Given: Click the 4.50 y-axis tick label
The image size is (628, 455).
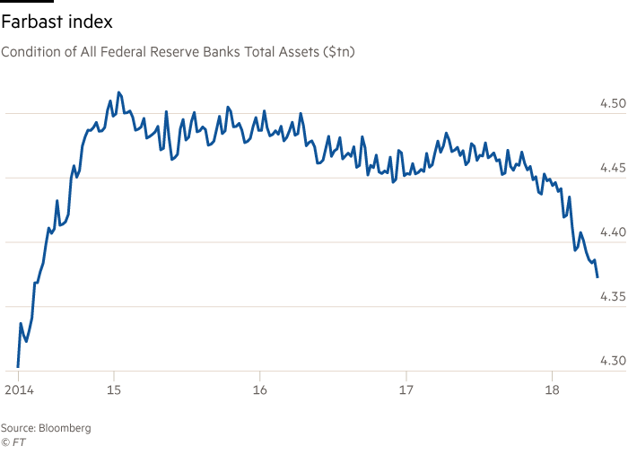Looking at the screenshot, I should (x=612, y=104).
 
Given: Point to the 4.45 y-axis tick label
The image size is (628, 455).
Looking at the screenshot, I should (x=612, y=168).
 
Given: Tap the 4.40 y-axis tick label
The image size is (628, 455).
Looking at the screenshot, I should (x=612, y=232).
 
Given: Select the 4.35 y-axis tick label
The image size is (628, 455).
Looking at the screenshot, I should (x=612, y=297).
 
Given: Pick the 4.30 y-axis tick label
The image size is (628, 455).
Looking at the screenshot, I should (x=612, y=361).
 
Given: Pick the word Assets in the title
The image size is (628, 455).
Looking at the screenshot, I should (x=297, y=53).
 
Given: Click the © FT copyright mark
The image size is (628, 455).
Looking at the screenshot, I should (x=12, y=442).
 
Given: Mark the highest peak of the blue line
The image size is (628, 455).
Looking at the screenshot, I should (x=118, y=92).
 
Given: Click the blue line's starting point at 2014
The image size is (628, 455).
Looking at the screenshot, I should (x=18, y=366).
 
